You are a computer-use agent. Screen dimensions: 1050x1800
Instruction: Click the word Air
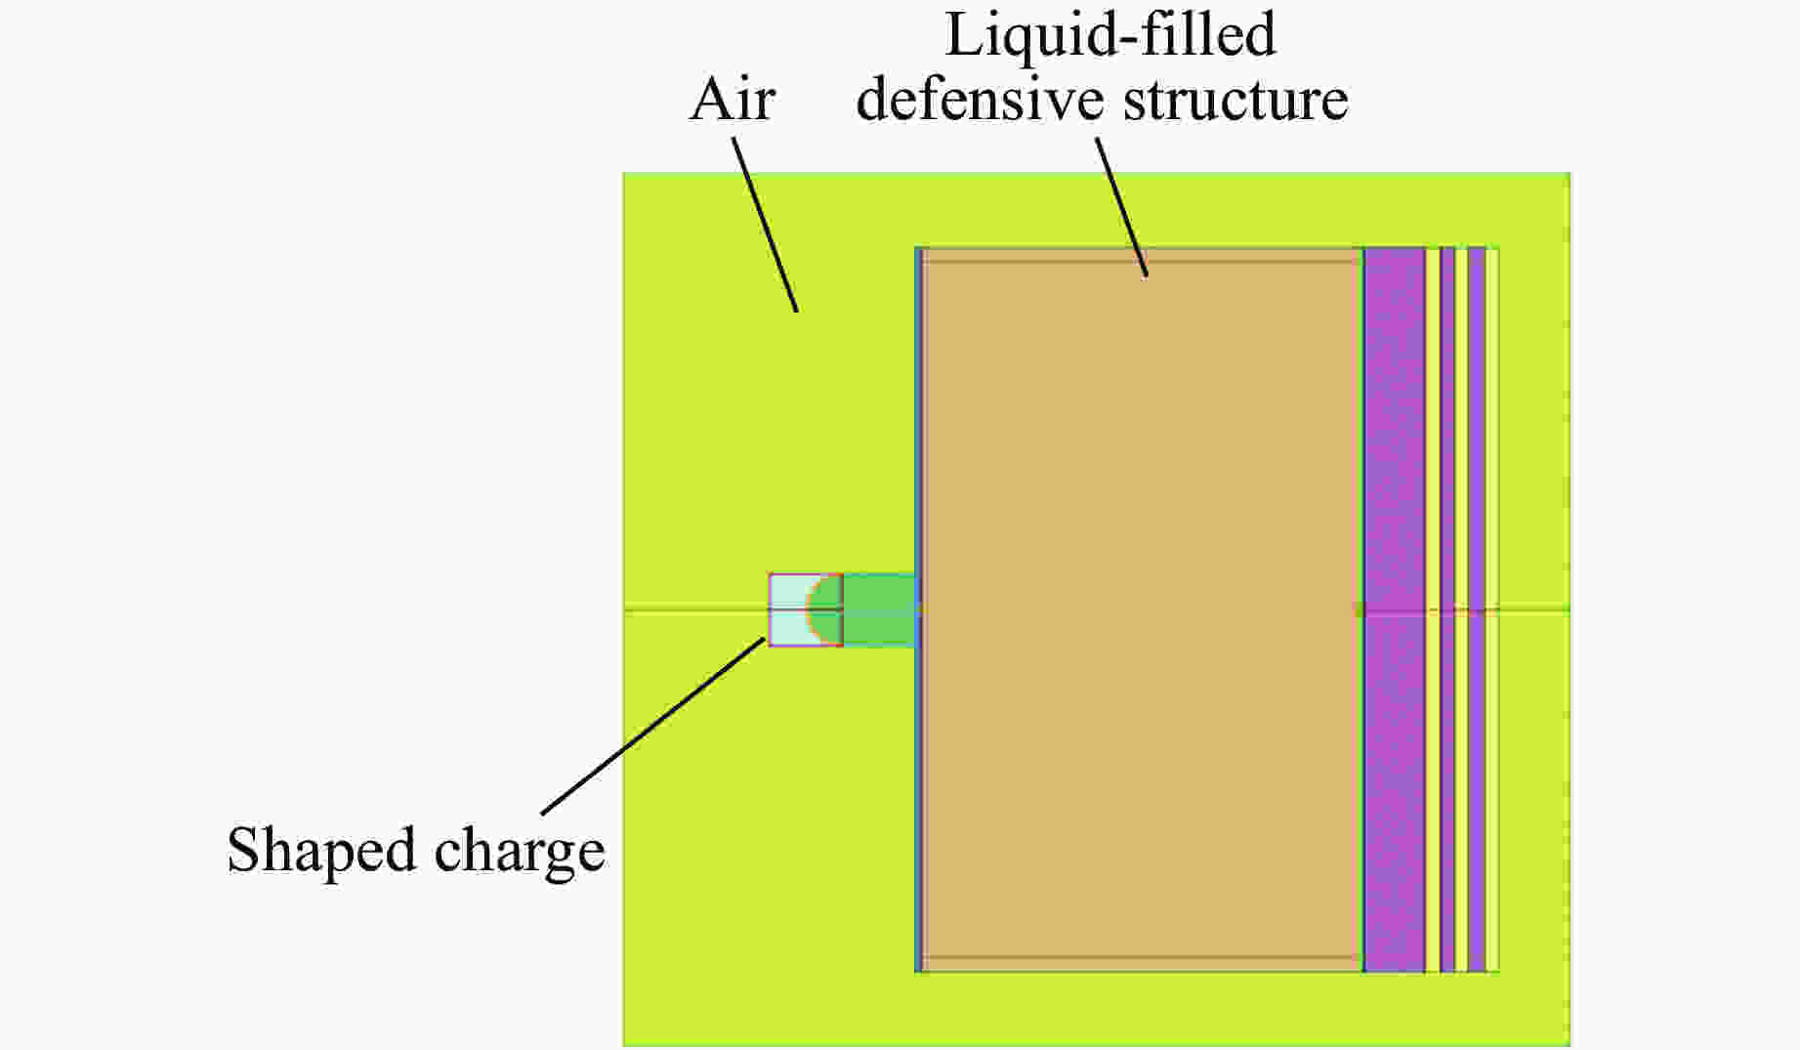(733, 101)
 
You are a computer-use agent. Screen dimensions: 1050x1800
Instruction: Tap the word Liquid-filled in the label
(1110, 36)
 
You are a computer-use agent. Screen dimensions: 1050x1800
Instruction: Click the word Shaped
(321, 851)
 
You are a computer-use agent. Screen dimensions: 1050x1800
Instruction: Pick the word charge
(520, 853)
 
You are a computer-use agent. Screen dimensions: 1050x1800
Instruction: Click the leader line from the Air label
(766, 224)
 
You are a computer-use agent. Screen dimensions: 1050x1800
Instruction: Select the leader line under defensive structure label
(1121, 207)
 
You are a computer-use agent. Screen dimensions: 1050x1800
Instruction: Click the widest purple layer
(1394, 440)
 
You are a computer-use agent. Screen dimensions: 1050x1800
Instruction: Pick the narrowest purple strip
(1447, 440)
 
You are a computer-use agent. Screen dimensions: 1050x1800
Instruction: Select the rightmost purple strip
(1476, 440)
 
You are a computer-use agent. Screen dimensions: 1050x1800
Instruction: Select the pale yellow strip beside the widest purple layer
(1433, 440)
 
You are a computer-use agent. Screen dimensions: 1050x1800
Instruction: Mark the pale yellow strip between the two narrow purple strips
(1461, 440)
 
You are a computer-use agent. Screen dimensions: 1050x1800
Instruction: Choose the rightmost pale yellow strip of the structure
(1492, 440)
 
